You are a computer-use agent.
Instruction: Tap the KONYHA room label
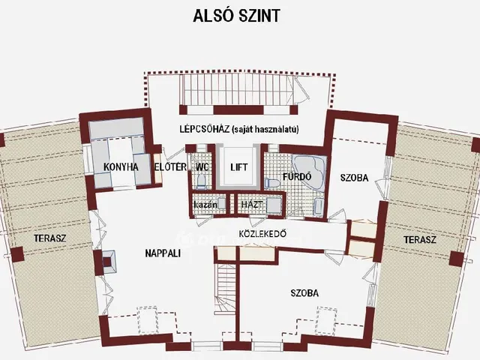pyautogui.click(x=120, y=166)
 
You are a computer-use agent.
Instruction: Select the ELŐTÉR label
pyautogui.click(x=169, y=166)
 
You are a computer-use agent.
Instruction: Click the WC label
pyautogui.click(x=202, y=166)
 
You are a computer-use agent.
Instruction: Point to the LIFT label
pyautogui.click(x=239, y=166)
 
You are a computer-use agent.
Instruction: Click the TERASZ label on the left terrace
pyautogui.click(x=47, y=238)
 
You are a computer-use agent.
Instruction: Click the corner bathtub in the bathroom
pyautogui.click(x=307, y=166)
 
